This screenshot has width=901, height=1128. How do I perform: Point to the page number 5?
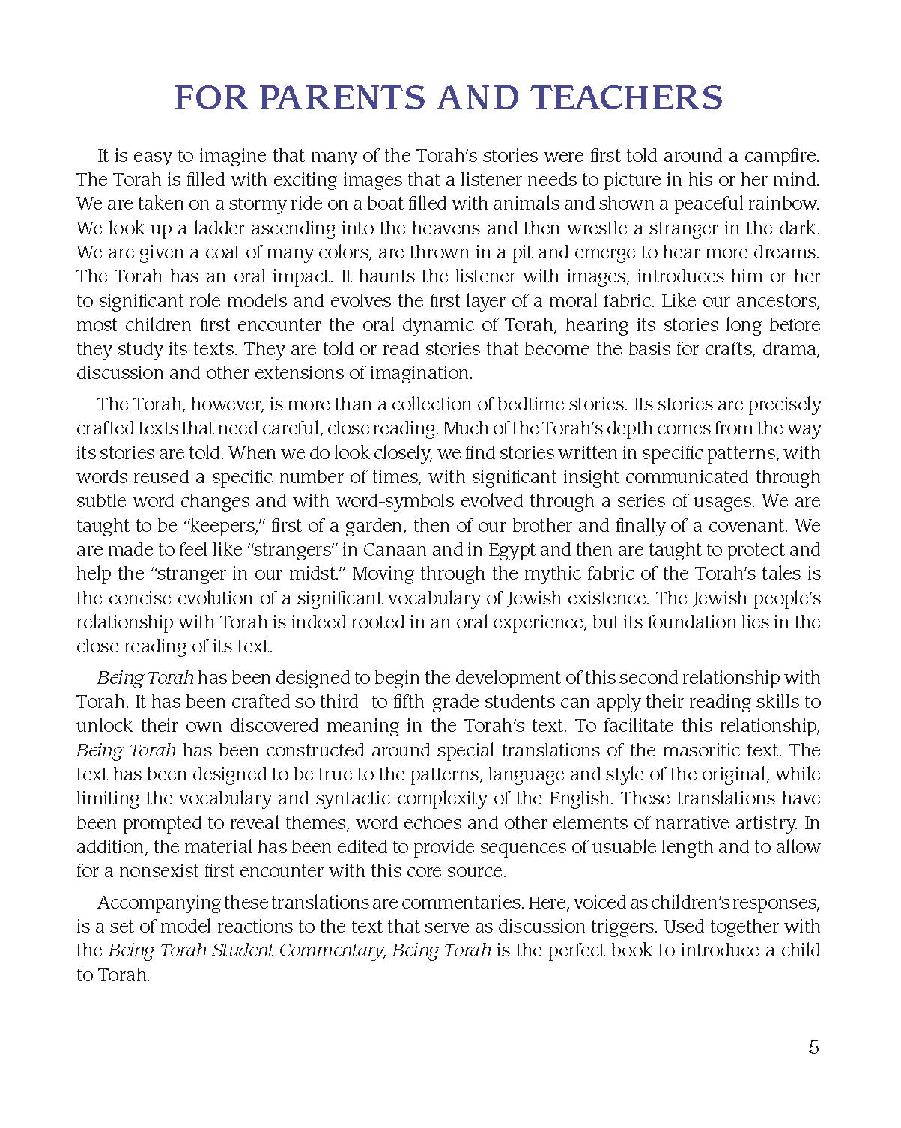[814, 1047]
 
